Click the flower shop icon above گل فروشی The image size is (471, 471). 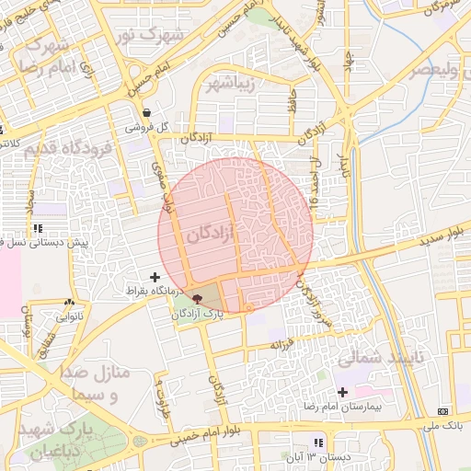(147, 112)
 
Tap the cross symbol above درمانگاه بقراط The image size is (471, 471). (154, 276)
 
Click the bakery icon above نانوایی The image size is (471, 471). (69, 303)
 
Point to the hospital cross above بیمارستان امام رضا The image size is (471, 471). (343, 392)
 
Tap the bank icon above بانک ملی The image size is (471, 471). (444, 410)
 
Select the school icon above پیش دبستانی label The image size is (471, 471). (38, 227)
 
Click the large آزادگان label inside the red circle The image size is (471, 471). (212, 235)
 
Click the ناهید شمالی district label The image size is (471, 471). (378, 356)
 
